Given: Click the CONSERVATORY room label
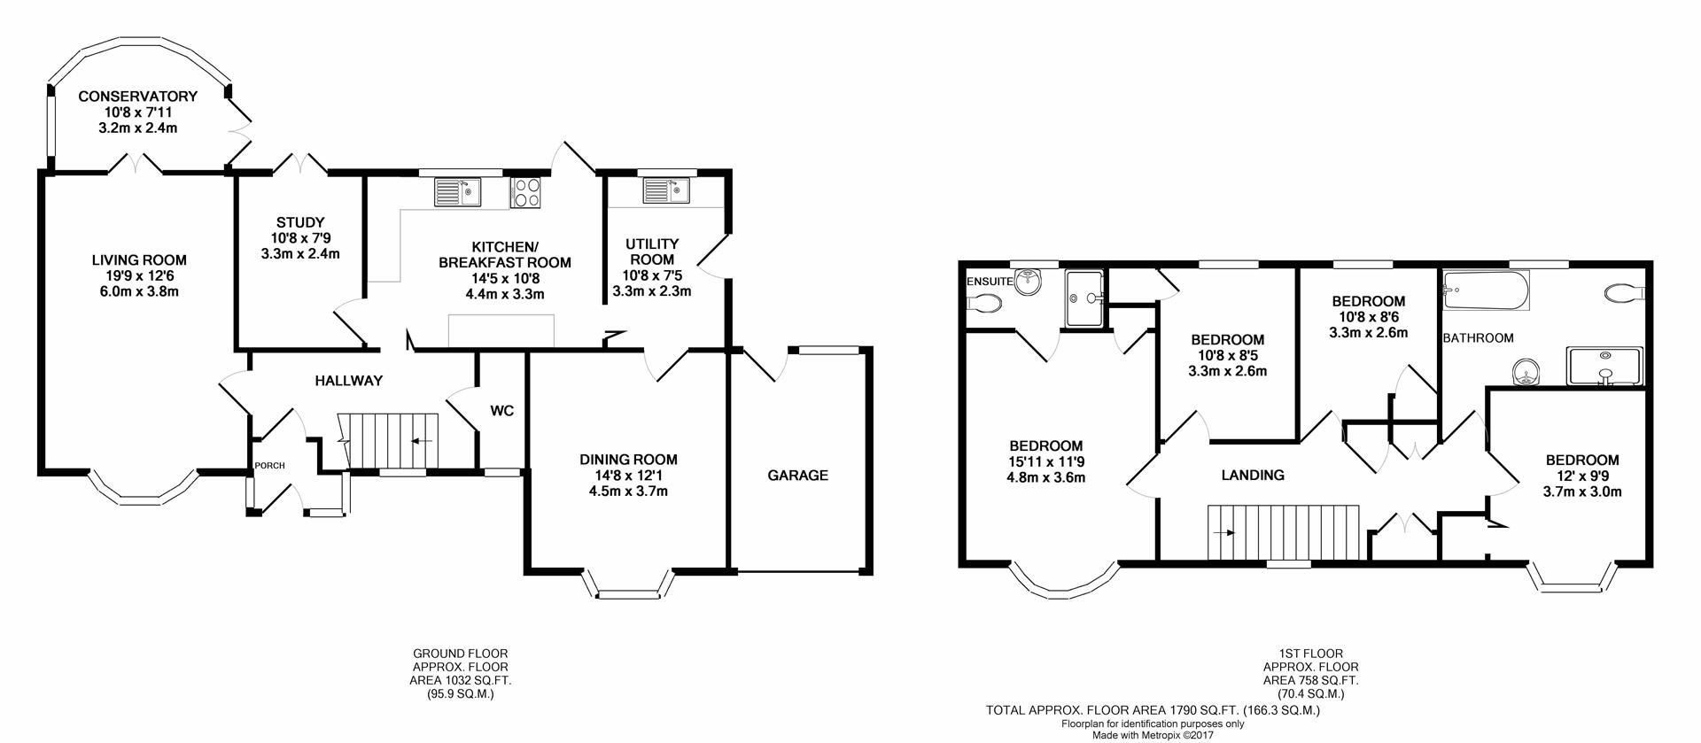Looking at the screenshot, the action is tap(137, 97).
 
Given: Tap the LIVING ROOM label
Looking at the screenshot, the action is tap(139, 260).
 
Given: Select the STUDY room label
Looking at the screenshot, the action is tap(300, 222).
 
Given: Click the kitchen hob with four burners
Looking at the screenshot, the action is tap(526, 193).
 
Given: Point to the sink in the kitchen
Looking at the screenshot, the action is tap(457, 191).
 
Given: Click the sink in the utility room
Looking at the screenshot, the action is tap(667, 190).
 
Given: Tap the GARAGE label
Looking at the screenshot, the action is tap(797, 476).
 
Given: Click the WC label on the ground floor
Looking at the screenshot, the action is tap(502, 411).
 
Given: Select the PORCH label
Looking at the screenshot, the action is tap(269, 466).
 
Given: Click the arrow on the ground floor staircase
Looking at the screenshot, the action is tap(421, 440).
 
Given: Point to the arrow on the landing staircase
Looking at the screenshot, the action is tap(1226, 533).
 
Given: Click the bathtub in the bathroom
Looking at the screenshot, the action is tap(1486, 290).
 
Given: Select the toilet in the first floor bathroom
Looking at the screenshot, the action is tap(1624, 293).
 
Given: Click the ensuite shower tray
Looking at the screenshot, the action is tap(1085, 299).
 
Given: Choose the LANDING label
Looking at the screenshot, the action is tap(1253, 476).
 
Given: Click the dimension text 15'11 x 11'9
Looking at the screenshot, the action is tap(1045, 461).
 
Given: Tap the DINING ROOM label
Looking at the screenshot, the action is tap(628, 460).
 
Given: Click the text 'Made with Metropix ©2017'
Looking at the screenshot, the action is tap(1153, 735).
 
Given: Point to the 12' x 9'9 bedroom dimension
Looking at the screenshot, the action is tap(1582, 476).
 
